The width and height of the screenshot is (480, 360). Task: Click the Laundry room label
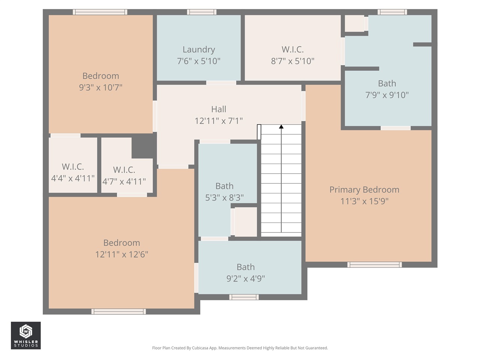(198, 49)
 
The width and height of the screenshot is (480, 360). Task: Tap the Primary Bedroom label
(364, 189)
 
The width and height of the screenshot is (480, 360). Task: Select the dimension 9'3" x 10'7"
(100, 87)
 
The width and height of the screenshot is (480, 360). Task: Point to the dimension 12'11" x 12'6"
(121, 254)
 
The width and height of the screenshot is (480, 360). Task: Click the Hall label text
(219, 109)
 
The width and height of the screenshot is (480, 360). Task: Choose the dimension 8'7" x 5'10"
(292, 61)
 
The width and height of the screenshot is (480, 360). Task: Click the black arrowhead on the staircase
(281, 127)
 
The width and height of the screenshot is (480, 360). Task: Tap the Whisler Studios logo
(25, 335)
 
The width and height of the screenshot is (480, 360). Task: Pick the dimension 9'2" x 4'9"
(246, 279)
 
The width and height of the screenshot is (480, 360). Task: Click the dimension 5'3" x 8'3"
(224, 198)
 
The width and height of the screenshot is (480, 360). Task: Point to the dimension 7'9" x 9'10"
(387, 95)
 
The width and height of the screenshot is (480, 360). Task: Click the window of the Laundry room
(201, 12)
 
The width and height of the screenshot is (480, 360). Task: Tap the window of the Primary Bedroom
(374, 265)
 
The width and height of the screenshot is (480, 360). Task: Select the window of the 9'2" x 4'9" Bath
(244, 297)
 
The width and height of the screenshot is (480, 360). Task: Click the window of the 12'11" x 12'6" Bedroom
(118, 311)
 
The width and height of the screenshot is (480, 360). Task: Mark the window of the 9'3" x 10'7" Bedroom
(100, 12)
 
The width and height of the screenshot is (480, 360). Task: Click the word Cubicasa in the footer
(199, 348)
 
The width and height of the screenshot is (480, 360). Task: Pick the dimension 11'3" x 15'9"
(364, 201)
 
